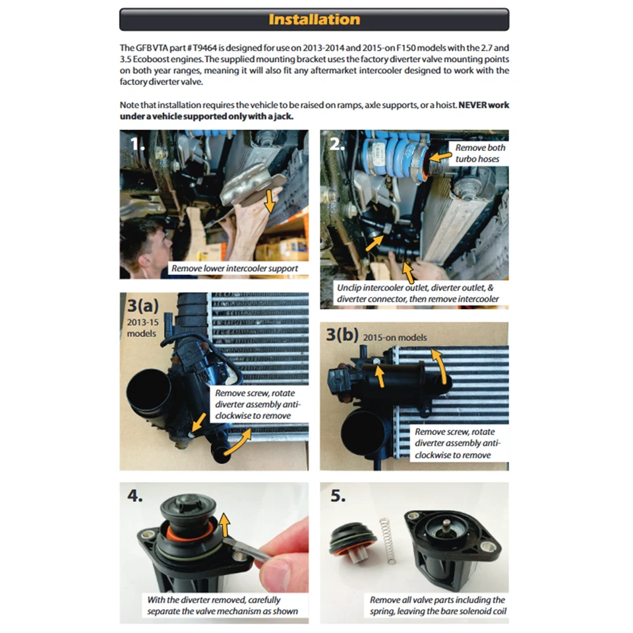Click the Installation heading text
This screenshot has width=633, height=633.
[314, 19]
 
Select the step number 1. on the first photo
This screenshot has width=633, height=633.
[138, 144]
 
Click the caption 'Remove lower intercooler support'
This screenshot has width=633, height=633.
[235, 268]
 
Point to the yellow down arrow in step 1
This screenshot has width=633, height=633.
[269, 200]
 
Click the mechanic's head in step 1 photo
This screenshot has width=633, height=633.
[146, 246]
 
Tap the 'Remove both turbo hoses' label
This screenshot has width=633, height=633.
[480, 154]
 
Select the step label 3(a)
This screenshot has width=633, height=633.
[143, 305]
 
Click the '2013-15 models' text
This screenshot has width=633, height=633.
[142, 328]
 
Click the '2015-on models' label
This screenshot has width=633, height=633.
[394, 338]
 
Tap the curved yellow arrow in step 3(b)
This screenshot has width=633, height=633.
[441, 365]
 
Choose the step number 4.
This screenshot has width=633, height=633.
[135, 495]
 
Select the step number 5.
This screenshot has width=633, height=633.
[338, 496]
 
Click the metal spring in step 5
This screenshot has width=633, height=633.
[388, 541]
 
